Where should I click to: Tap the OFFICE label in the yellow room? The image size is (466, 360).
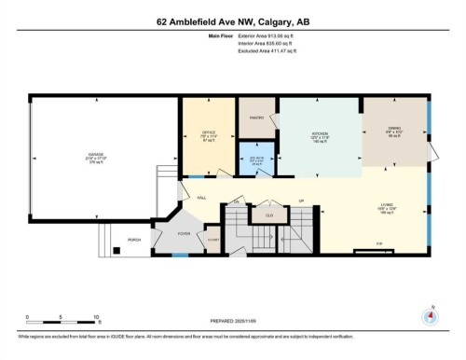pyautogui.click(x=209, y=133)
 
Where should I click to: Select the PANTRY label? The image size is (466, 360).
pyautogui.click(x=256, y=118)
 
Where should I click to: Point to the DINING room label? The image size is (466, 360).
pyautogui.click(x=393, y=130)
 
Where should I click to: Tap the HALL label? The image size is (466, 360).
pyautogui.click(x=201, y=197)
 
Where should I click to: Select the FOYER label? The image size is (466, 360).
pyautogui.click(x=185, y=233)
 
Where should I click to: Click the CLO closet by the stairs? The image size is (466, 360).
pyautogui.click(x=268, y=215)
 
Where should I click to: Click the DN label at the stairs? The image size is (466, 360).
pyautogui.click(x=238, y=201)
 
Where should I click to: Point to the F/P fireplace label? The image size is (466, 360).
pyautogui.click(x=378, y=244)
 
